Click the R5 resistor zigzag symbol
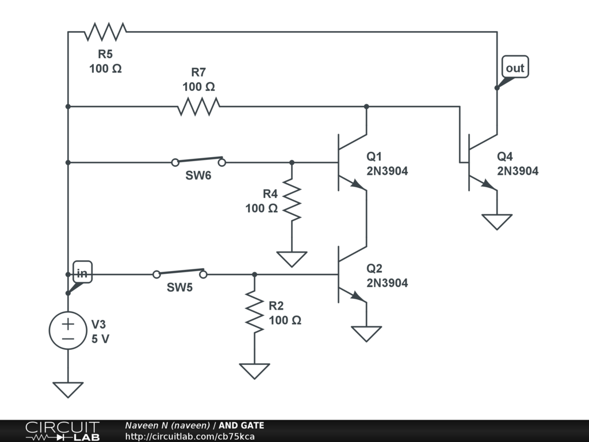tap(105, 32)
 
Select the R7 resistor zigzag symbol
tap(199, 106)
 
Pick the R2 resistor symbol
tap(255, 311)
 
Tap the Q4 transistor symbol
tap(482, 162)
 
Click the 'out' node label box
tap(515, 68)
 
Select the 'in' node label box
tap(82, 273)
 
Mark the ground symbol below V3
tap(68, 390)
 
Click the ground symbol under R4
tap(292, 259)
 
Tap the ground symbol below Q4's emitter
tap(497, 222)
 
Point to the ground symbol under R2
tap(255, 371)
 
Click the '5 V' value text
tap(101, 339)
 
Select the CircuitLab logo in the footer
tap(62, 430)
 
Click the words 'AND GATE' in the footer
tap(242, 426)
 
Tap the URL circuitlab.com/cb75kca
tap(190, 437)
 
